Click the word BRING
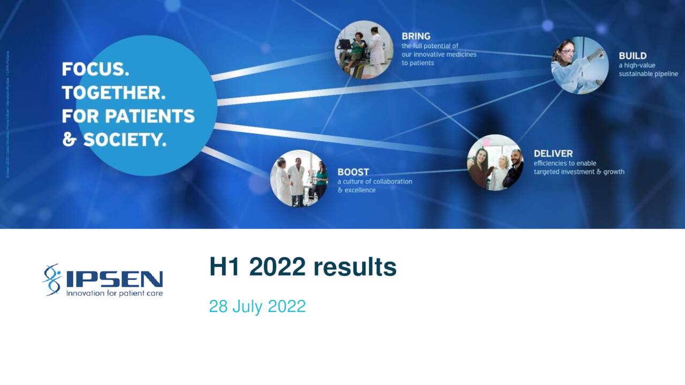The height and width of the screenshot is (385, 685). pyautogui.click(x=416, y=36)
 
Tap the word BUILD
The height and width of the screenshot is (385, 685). pyautogui.click(x=633, y=56)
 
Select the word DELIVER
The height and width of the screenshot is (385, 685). pyautogui.click(x=553, y=153)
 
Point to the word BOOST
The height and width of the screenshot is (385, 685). pyautogui.click(x=353, y=172)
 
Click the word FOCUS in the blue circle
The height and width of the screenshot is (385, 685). pyautogui.click(x=95, y=70)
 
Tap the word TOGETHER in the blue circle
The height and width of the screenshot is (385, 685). pyautogui.click(x=113, y=93)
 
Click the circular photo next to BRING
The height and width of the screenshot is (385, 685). pyautogui.click(x=364, y=49)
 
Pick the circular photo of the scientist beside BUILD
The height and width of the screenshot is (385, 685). pyautogui.click(x=580, y=65)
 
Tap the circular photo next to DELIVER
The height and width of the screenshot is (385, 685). pyautogui.click(x=495, y=163)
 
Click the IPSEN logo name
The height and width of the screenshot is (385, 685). pyautogui.click(x=115, y=279)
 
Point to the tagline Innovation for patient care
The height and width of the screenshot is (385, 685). pyautogui.click(x=114, y=293)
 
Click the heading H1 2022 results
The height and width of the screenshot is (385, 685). pyautogui.click(x=303, y=267)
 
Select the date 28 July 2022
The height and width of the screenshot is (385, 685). pyautogui.click(x=257, y=306)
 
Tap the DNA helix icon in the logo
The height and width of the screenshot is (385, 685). pyautogui.click(x=52, y=279)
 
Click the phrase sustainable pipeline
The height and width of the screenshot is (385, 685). pyautogui.click(x=648, y=74)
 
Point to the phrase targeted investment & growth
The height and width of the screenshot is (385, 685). pyautogui.click(x=579, y=172)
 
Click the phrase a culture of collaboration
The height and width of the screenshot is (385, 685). pyautogui.click(x=375, y=181)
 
